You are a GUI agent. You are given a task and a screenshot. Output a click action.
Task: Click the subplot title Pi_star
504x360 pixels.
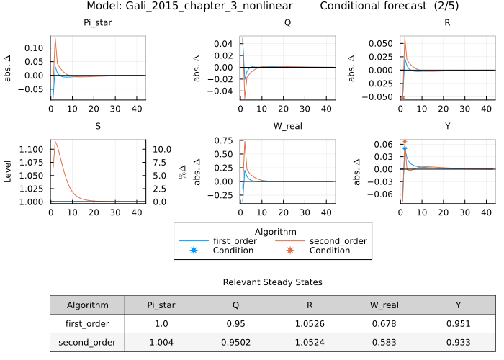(98, 22)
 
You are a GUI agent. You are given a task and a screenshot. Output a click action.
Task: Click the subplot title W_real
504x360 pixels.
(287, 126)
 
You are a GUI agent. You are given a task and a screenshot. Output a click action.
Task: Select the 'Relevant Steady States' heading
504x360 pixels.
(272, 282)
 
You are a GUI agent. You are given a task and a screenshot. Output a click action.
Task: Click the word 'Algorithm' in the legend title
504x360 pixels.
(272, 230)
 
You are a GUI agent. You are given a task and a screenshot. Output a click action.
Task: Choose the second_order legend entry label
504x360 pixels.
(338, 241)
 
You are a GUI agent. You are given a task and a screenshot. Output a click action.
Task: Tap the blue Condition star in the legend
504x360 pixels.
(193, 251)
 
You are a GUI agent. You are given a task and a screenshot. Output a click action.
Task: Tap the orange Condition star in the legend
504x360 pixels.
(290, 251)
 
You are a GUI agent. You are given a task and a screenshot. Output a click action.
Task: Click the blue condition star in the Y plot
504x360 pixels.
(405, 148)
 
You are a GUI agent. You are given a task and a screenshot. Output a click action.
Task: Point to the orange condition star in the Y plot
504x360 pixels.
(405, 142)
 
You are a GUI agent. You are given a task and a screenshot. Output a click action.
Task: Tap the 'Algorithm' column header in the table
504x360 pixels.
(87, 305)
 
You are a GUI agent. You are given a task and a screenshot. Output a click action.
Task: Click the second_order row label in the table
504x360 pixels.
(87, 343)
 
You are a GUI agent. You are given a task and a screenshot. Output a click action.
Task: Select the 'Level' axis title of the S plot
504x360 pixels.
(9, 171)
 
